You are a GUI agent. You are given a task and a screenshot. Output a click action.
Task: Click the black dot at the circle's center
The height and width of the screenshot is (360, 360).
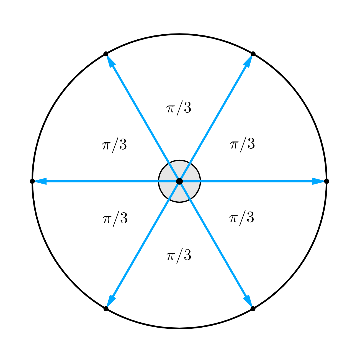tap(179, 181)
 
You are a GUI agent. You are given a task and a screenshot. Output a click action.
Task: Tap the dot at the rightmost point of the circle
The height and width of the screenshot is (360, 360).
tap(326, 181)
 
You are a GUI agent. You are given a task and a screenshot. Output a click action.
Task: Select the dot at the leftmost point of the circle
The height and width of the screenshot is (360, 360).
tap(32, 181)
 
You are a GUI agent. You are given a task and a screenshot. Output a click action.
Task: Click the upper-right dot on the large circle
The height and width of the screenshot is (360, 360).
tap(253, 54)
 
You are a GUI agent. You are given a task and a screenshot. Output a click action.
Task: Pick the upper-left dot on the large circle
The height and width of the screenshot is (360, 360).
tap(106, 54)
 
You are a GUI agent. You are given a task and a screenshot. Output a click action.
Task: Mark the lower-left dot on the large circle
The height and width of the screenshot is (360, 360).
tap(106, 309)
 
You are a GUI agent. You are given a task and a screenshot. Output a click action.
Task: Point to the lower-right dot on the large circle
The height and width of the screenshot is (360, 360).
tap(253, 309)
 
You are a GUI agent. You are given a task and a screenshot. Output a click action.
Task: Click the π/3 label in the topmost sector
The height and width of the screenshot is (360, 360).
tap(179, 108)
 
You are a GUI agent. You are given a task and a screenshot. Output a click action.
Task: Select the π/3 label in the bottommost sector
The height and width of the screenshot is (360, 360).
tap(179, 256)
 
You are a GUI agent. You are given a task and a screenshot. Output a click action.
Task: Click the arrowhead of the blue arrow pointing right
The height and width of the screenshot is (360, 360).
tap(318, 181)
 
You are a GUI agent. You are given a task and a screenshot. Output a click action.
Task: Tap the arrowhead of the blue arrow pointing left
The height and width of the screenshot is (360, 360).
tap(40, 181)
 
